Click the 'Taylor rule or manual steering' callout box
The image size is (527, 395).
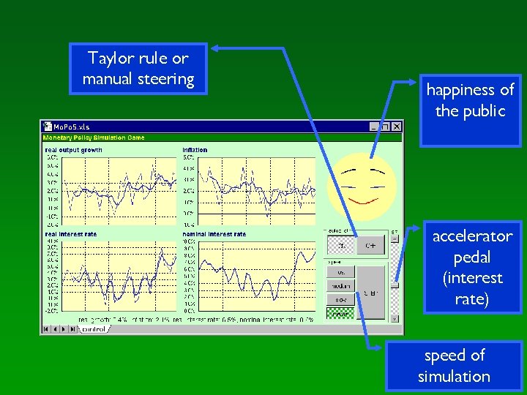pyautogui.click(x=138, y=69)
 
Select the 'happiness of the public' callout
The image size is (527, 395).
pyautogui.click(x=470, y=101)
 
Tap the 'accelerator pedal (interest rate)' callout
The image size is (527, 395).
pyautogui.click(x=472, y=268)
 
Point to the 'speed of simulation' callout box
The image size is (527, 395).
pyautogui.click(x=454, y=366)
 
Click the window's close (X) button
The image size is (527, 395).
pyautogui.click(x=397, y=127)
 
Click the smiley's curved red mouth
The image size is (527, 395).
pyautogui.click(x=361, y=200)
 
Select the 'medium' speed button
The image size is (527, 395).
pyautogui.click(x=340, y=285)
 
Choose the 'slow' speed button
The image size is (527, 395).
pyautogui.click(x=340, y=300)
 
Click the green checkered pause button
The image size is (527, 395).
pyautogui.click(x=340, y=313)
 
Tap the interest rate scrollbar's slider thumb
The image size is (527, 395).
pyautogui.click(x=395, y=286)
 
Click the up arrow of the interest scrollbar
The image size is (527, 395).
pyautogui.click(x=395, y=238)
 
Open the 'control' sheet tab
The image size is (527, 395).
pyautogui.click(x=93, y=329)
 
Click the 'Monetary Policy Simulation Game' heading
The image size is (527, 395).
pyautogui.click(x=94, y=138)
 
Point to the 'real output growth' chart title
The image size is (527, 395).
pyautogui.click(x=73, y=150)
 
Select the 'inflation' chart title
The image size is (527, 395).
pyautogui.click(x=195, y=150)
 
